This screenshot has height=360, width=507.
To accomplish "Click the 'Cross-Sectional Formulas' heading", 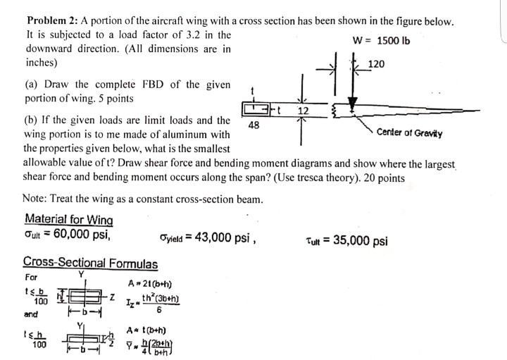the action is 90,263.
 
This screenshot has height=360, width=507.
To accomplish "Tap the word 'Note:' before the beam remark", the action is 36,199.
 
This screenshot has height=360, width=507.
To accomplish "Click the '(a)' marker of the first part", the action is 32,85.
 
